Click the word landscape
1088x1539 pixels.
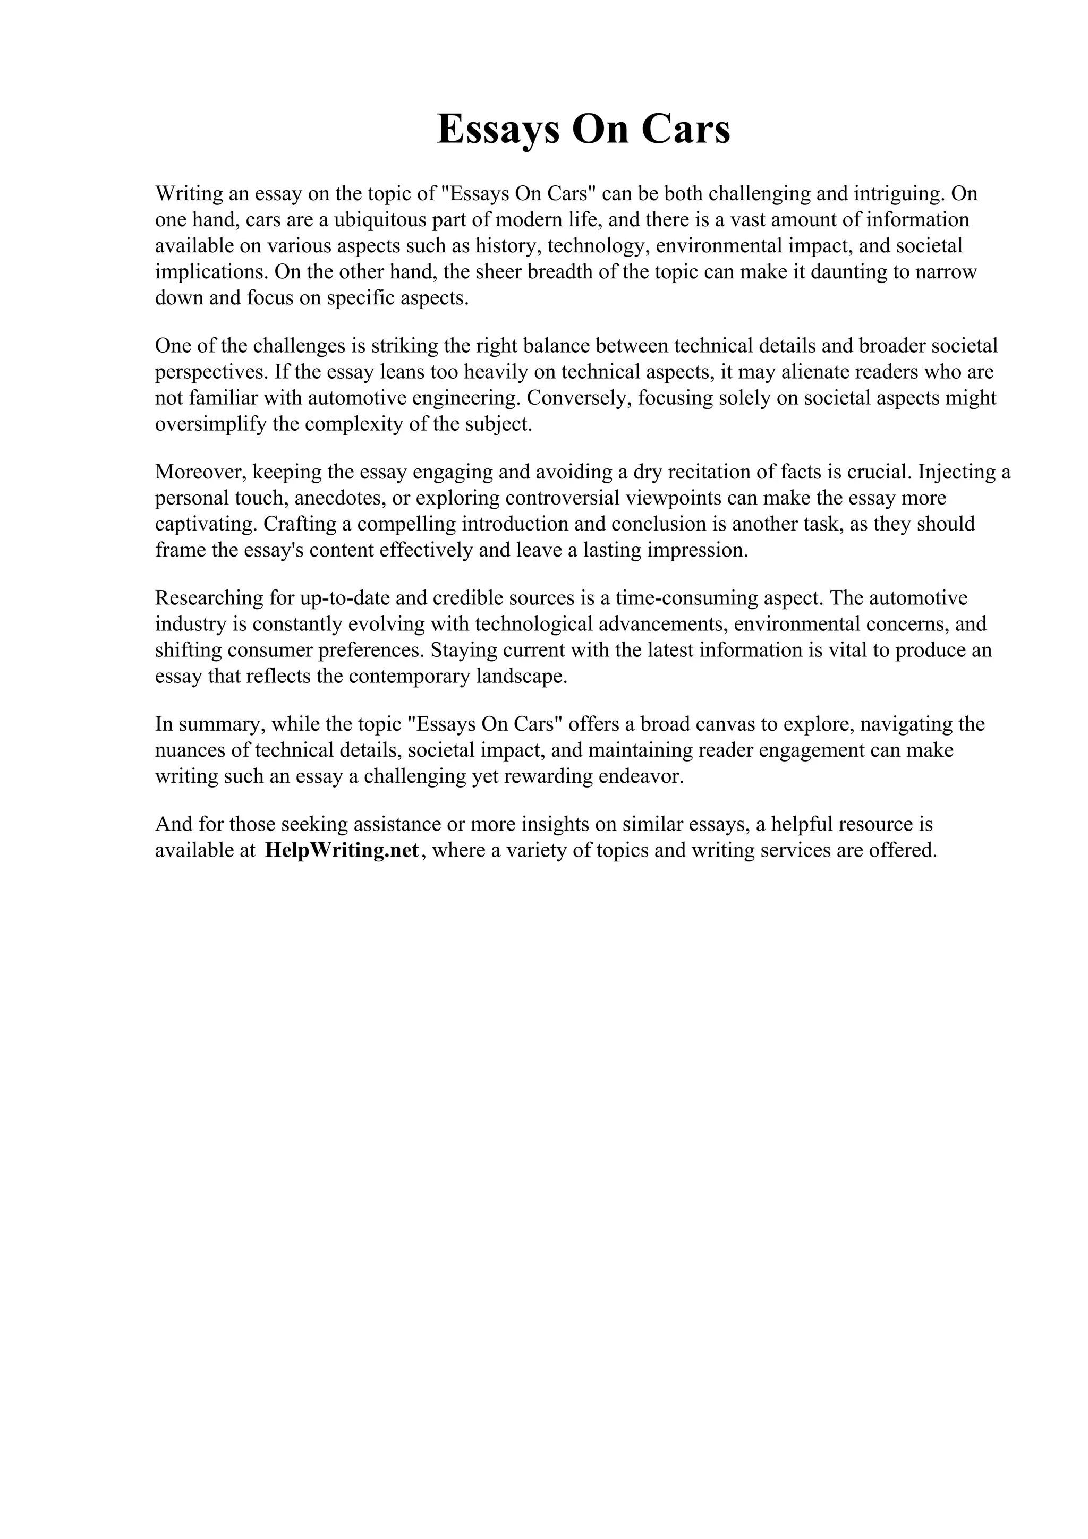[x=522, y=677]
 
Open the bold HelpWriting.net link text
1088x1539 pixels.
[x=342, y=851]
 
